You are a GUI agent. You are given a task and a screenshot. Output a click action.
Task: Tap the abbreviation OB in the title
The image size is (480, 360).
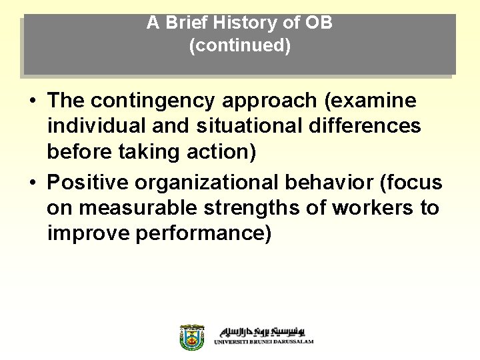[x=319, y=23]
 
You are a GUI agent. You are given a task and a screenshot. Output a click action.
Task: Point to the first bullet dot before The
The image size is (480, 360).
[x=32, y=102]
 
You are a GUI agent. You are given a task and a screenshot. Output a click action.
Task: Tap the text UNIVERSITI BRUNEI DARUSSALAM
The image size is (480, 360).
[x=264, y=342]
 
